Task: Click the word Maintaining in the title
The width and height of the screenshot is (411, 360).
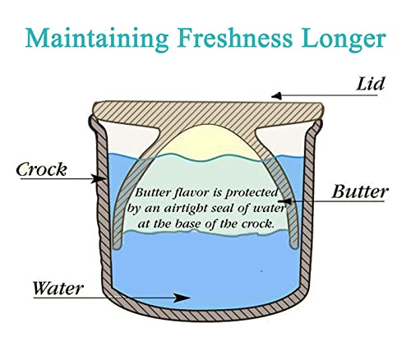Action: coord(97,39)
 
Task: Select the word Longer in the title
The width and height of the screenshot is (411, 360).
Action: coord(344,39)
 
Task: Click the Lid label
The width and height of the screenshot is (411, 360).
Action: coord(371,84)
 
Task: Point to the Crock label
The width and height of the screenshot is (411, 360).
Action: coord(41,169)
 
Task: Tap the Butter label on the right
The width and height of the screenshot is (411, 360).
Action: coord(360,192)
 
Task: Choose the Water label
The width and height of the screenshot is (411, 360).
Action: coord(58,288)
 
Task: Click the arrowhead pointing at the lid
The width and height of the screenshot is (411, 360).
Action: coord(276,96)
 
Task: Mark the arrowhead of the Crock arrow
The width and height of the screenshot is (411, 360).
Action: coord(98,178)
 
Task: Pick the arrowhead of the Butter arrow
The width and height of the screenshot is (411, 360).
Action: coord(286,201)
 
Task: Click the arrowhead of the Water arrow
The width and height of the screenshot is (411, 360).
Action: coord(182,298)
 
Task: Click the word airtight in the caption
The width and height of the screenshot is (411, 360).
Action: coord(186,209)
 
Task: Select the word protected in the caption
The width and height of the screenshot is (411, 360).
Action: coord(252,193)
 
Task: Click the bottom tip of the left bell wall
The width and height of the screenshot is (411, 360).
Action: coord(117,247)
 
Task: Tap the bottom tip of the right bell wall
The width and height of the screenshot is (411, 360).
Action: coord(294,247)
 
